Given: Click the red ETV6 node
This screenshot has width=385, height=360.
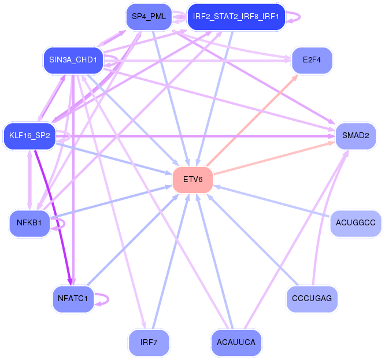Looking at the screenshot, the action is [x=192, y=179].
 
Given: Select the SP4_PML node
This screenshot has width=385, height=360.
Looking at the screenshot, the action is [x=149, y=17].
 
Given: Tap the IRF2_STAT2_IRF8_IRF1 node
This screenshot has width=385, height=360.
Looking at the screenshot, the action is [x=236, y=17].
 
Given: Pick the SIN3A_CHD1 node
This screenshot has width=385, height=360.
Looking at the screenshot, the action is [x=73, y=60].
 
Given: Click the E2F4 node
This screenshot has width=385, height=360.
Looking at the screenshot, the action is [x=312, y=60].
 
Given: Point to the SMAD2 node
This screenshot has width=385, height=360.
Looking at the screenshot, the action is [x=356, y=135].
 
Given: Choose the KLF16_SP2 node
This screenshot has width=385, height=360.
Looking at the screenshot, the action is [x=29, y=135].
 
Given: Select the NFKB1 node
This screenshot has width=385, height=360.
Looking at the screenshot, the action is [x=29, y=223].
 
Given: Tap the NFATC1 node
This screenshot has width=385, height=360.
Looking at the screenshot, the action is [x=73, y=298].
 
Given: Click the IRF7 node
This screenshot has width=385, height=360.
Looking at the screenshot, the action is [x=149, y=342].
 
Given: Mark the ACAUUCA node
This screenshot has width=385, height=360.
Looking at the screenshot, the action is [x=236, y=342].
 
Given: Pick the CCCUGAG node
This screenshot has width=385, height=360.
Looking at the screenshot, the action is [x=312, y=298].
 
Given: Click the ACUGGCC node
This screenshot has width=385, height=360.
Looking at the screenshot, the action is [x=356, y=223].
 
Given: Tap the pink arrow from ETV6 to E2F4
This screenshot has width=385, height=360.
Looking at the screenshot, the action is [x=252, y=120].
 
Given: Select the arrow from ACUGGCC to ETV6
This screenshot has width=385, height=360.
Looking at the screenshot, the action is [x=271, y=201].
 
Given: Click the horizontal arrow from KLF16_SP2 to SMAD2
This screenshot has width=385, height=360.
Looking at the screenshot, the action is [x=196, y=136].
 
